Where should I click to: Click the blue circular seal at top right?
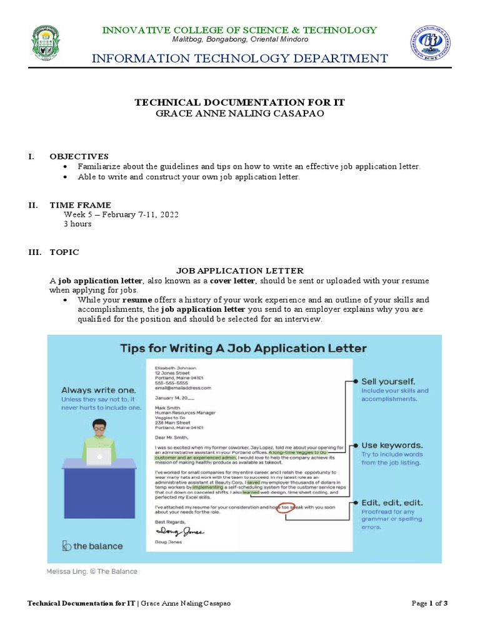pyautogui.click(x=432, y=44)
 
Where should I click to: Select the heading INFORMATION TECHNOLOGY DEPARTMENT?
pyautogui.click(x=240, y=59)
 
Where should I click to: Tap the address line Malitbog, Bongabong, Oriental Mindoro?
pyautogui.click(x=240, y=39)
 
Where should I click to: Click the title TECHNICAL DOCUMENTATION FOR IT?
pyautogui.click(x=240, y=102)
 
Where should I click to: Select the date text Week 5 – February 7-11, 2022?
pyautogui.click(x=121, y=214)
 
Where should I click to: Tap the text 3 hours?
pyautogui.click(x=77, y=224)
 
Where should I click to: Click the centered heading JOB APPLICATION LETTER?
pyautogui.click(x=240, y=271)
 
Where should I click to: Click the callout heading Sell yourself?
pyautogui.click(x=388, y=381)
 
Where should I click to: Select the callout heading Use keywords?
pyautogui.click(x=392, y=446)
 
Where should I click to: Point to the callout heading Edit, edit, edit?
pyautogui.click(x=392, y=502)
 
